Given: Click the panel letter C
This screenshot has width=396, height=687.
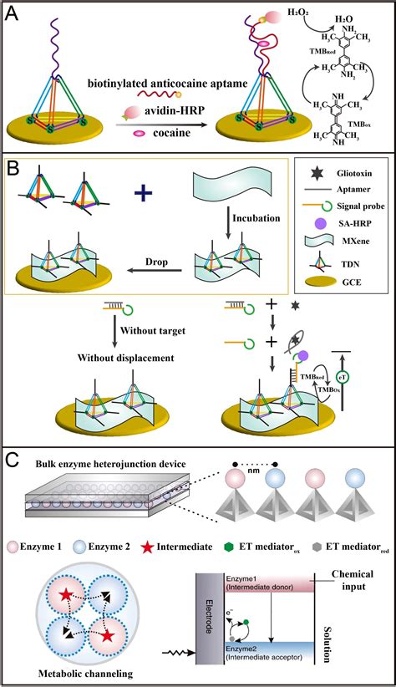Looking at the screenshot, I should coord(15,460).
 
